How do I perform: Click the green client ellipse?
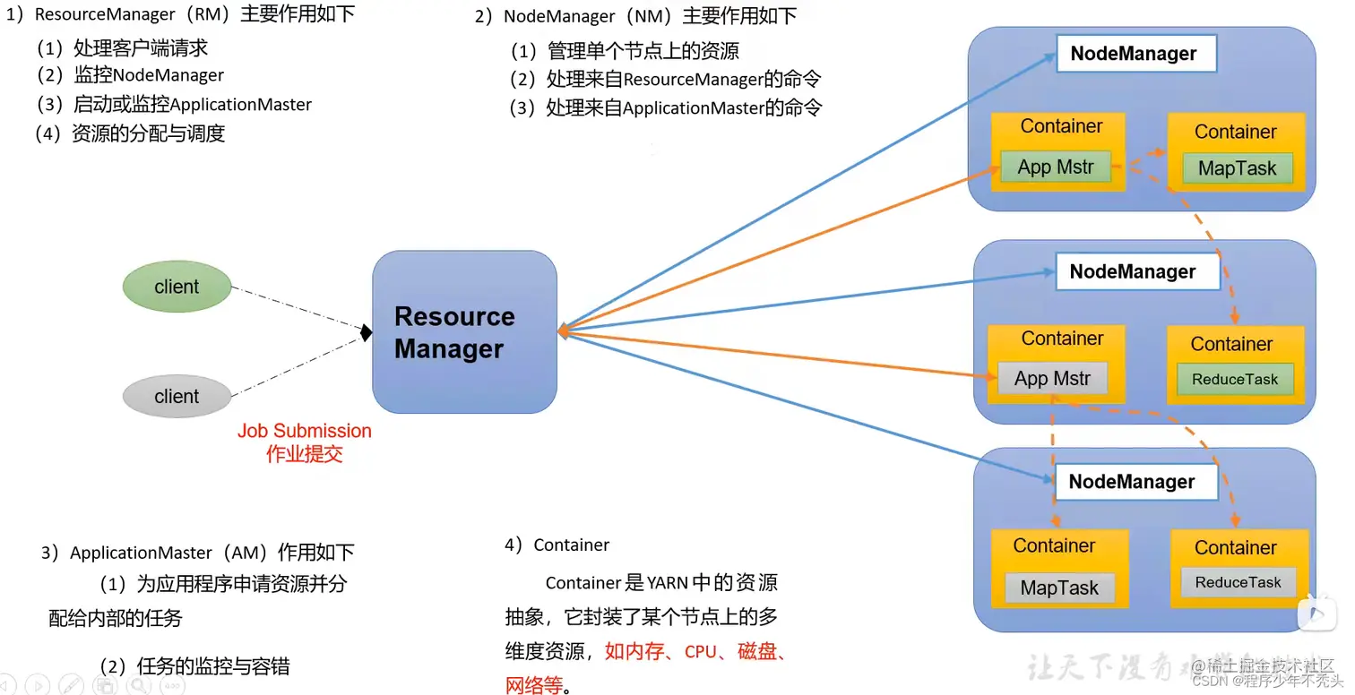[x=177, y=287]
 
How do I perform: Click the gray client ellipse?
[x=177, y=397]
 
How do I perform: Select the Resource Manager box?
[x=464, y=332]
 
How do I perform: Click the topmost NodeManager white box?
[x=1134, y=54]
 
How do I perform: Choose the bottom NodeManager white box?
[x=1132, y=482]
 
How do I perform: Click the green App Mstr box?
[x=1056, y=167]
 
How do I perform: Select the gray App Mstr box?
[x=1052, y=379]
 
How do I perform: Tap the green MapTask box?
[x=1237, y=168]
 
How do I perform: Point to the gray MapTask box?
[x=1059, y=588]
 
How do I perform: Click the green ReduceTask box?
[x=1235, y=380]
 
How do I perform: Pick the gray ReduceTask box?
[x=1238, y=583]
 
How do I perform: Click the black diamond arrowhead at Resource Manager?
[x=366, y=333]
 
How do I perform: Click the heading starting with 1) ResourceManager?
[x=180, y=14]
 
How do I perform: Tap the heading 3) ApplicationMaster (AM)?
[x=198, y=553]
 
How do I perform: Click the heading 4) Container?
[x=557, y=545]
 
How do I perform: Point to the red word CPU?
[x=701, y=652]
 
